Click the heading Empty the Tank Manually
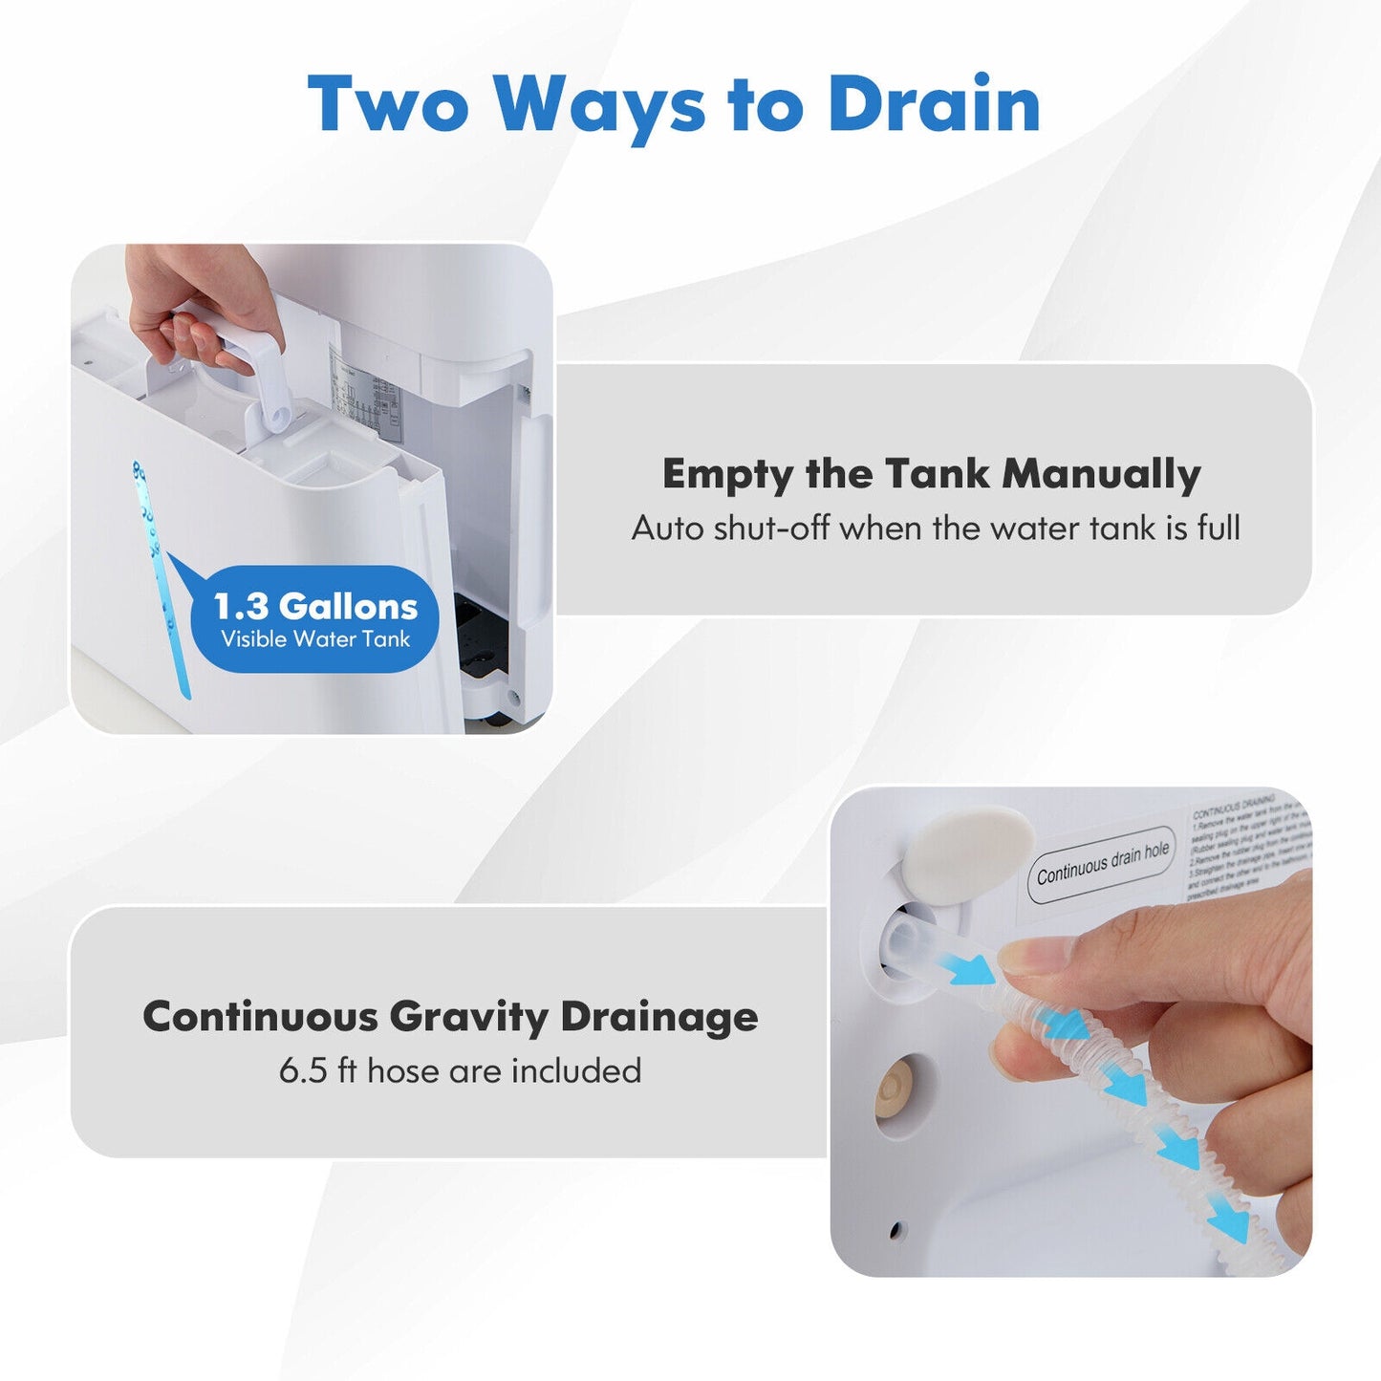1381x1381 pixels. click(x=931, y=474)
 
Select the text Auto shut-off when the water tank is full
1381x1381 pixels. click(x=936, y=528)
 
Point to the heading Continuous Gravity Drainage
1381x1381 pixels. click(x=450, y=1016)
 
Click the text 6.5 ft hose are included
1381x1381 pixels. click(x=460, y=1070)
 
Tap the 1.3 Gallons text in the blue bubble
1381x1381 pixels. click(x=315, y=606)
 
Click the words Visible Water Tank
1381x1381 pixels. click(x=315, y=639)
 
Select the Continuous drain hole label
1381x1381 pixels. click(x=1102, y=864)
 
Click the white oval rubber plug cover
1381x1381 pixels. click(x=968, y=852)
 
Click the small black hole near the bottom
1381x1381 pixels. click(x=895, y=1230)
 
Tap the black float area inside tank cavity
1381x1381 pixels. click(x=483, y=637)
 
